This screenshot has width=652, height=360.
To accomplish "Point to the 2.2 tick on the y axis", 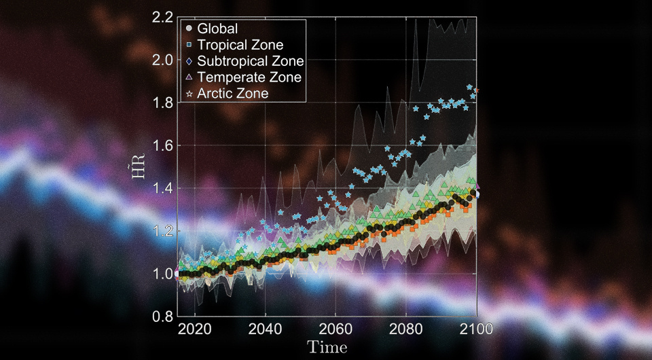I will coord(163,17).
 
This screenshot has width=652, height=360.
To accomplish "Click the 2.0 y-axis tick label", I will coord(163,60).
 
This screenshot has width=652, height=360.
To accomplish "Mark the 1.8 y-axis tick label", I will coord(163,103).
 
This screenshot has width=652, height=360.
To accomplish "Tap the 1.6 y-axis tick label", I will coord(163,145).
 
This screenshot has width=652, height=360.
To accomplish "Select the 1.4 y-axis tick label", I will coord(163,188).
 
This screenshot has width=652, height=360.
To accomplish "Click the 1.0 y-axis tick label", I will coord(163,274).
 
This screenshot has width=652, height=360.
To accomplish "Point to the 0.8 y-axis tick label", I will coord(163,317).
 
